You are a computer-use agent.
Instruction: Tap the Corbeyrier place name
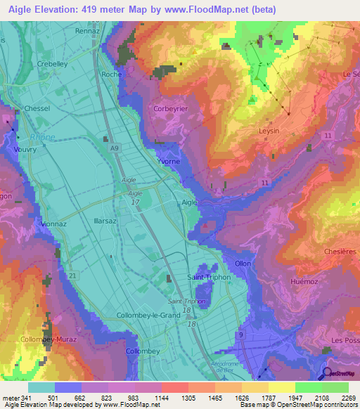click(172, 110)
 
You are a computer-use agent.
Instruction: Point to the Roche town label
click(112, 74)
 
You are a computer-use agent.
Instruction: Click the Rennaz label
click(88, 31)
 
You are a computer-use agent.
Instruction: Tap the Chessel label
click(37, 109)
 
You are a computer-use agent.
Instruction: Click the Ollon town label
click(243, 263)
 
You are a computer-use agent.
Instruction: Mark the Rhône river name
click(42, 137)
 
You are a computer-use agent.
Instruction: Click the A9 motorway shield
click(114, 149)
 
